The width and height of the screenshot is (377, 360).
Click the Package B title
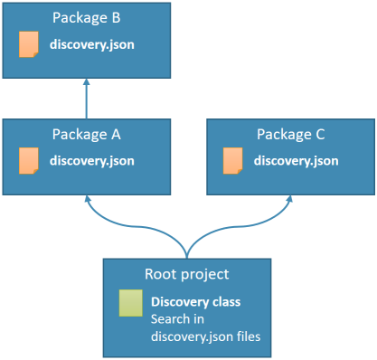(x=87, y=18)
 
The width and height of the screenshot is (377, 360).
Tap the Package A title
(x=87, y=134)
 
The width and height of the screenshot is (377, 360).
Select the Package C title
(x=291, y=134)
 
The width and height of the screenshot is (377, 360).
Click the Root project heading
(x=187, y=274)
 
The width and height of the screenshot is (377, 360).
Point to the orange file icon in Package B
(x=29, y=44)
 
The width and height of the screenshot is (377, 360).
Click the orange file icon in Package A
(x=29, y=161)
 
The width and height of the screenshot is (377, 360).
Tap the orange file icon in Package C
(x=232, y=161)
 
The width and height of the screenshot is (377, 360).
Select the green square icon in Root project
(x=131, y=303)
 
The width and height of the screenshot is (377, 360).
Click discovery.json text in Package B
(x=92, y=45)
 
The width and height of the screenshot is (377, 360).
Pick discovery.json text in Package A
(x=92, y=161)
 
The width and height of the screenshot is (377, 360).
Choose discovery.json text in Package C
(x=296, y=161)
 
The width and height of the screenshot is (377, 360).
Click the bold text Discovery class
(x=196, y=302)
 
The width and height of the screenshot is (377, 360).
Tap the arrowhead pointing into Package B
(x=87, y=81)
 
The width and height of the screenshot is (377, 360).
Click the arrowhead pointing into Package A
(x=88, y=198)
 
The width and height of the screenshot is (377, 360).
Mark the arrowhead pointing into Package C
(x=289, y=198)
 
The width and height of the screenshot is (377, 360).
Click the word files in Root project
(x=249, y=336)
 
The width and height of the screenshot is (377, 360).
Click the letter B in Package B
(x=117, y=18)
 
